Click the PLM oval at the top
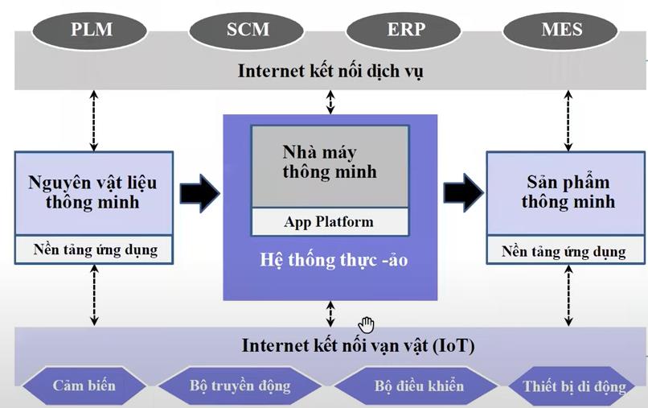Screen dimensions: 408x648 92,31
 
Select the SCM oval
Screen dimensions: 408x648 248,31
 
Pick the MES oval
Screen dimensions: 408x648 561,31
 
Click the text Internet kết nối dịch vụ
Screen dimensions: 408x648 330,71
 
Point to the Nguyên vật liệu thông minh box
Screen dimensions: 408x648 94,192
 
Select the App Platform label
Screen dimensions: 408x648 329,221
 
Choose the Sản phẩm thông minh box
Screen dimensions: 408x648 567,192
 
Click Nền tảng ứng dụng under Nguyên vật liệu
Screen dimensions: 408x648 95,249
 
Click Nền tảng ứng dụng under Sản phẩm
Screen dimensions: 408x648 564,251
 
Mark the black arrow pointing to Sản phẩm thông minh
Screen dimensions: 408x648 463,192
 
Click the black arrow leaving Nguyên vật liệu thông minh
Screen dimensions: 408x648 199,192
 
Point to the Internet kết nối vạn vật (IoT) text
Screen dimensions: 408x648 358,347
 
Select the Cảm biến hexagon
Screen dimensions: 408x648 84,385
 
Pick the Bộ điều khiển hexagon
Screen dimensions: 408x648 418,385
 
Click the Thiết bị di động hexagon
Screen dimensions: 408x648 573,386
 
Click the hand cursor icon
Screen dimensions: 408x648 367,324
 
